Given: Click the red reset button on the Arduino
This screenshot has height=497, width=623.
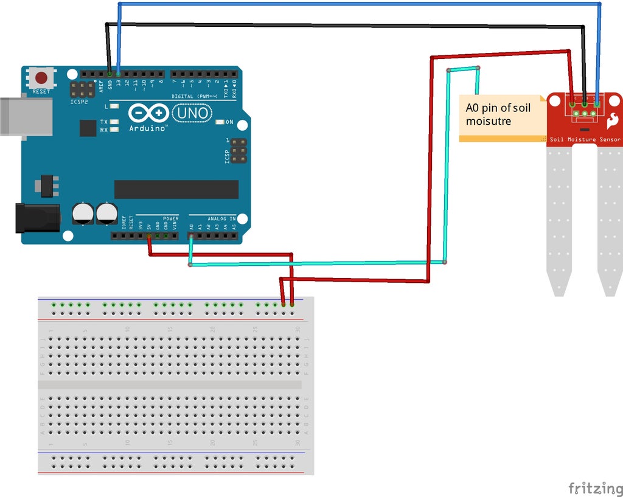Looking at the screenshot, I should coord(41,78).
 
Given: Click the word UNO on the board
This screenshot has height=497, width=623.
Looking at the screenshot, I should coord(192,113).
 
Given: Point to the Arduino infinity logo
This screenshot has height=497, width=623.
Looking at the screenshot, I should coord(148,114).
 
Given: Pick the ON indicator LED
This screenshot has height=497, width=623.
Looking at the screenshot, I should coord(220,122).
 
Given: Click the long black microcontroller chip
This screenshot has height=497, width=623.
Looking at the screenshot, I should coord(176,189).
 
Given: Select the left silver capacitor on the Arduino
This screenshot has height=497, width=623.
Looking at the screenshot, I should coord(83,214).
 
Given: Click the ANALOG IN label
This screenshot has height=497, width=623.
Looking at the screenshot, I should coord(221,218).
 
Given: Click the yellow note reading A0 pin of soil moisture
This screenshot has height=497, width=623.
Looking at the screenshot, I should coord(502,117).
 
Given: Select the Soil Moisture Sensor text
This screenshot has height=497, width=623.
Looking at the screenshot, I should coord(585,140).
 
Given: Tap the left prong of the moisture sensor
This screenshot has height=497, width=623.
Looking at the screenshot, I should coord(560,219).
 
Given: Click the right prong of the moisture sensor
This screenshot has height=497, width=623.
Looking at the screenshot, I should coord(610,219).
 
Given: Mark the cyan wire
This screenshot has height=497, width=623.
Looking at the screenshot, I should coord(316,264).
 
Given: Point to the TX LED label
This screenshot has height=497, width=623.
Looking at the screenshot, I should coord(103,122).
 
